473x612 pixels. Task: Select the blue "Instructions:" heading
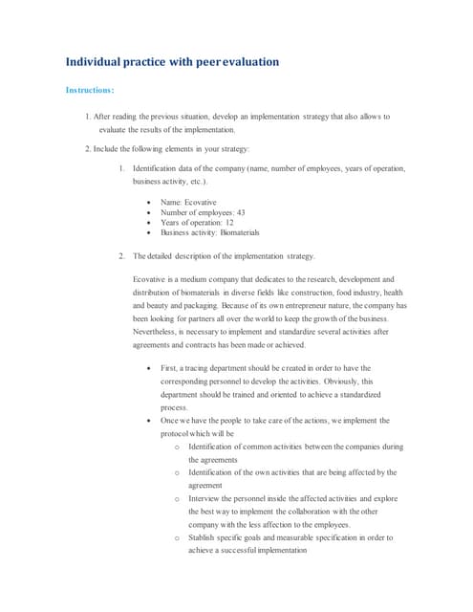[90, 91]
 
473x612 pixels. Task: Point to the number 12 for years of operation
[228, 222]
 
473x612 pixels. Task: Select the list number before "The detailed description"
[121, 256]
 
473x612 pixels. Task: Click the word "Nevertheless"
[160, 332]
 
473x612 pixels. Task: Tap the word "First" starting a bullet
[169, 367]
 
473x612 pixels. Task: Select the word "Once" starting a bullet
[170, 420]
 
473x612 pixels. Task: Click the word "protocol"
[178, 432]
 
